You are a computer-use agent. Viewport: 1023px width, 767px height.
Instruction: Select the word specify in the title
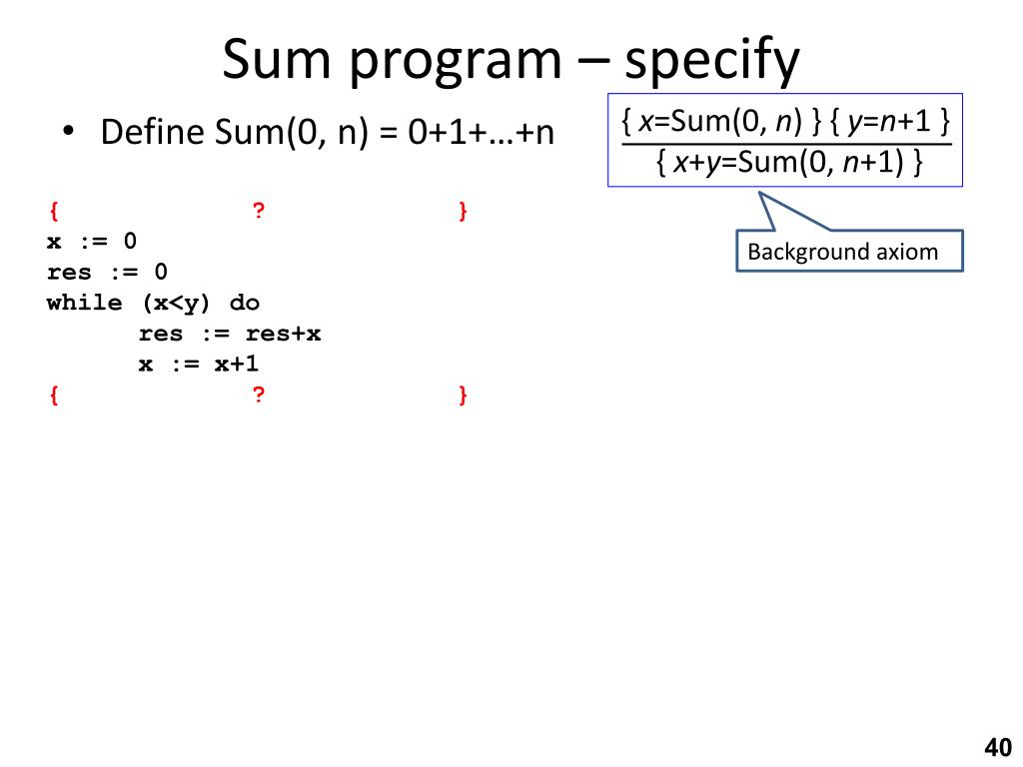712,62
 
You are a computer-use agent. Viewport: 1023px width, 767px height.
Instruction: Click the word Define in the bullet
152,132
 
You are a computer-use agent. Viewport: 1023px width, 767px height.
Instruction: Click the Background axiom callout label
842,252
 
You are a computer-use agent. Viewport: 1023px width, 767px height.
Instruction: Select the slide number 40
997,747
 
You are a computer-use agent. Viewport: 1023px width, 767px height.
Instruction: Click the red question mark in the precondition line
258,211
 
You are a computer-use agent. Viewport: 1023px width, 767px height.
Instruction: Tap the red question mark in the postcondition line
258,395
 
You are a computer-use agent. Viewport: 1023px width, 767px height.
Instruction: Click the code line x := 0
92,242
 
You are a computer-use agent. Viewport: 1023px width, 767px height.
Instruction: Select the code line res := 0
107,273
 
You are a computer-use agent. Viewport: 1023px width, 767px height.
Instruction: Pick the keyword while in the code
85,303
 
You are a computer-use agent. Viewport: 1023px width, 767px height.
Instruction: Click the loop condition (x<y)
170,303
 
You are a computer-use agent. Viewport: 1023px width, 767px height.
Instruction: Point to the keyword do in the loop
245,303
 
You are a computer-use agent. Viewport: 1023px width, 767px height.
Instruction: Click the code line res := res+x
229,334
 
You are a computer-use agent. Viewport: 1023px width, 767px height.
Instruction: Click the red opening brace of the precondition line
52,211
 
